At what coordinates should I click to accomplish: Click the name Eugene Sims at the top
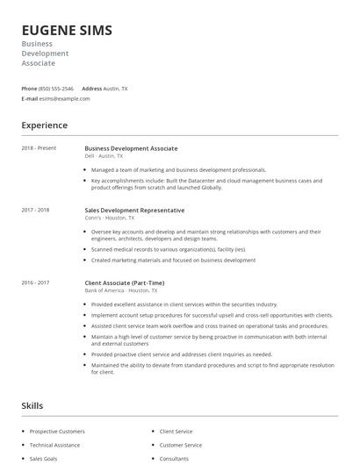[x=67, y=30]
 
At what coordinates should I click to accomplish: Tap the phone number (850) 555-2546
[x=56, y=89]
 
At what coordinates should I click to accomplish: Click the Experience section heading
[x=45, y=125]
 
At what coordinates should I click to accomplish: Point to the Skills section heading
[x=32, y=406]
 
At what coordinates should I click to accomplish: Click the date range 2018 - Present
[x=39, y=148]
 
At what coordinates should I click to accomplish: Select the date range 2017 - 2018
[x=35, y=211]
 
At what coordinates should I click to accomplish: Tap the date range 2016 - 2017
[x=35, y=283]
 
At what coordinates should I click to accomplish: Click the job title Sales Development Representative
[x=134, y=211]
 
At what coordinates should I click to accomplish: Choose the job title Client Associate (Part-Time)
[x=124, y=283]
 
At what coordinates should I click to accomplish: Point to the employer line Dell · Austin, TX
[x=104, y=156]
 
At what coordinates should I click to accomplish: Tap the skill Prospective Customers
[x=57, y=432]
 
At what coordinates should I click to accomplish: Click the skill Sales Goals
[x=43, y=458]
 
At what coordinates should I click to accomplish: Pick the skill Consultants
[x=174, y=458]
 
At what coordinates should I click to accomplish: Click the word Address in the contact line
[x=92, y=89]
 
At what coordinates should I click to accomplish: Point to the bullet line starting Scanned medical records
[x=168, y=249]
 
